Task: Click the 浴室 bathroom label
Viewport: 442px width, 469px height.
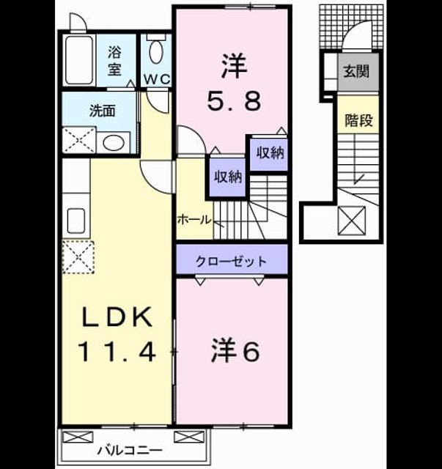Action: click(114, 61)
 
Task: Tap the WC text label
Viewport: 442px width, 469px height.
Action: click(157, 79)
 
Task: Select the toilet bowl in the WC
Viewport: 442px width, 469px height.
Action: click(156, 51)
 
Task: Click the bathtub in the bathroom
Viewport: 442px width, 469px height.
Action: click(79, 60)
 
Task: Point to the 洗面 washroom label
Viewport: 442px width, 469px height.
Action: click(103, 111)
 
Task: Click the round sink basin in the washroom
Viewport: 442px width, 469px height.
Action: click(114, 143)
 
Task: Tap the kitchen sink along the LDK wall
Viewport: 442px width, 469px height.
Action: click(76, 221)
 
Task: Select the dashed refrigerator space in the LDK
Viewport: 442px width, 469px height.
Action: click(78, 257)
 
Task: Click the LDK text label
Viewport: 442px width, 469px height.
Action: click(117, 317)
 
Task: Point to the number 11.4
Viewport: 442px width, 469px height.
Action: click(117, 352)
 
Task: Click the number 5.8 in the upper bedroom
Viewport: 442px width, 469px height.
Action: click(234, 101)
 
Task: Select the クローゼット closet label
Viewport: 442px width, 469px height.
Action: click(231, 262)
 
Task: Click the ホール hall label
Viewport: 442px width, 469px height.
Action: click(194, 220)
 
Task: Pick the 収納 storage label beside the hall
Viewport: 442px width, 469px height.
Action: click(228, 177)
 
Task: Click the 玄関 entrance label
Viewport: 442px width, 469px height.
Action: click(356, 72)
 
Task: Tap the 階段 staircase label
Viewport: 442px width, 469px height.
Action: click(358, 120)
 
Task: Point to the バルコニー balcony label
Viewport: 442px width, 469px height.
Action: click(130, 450)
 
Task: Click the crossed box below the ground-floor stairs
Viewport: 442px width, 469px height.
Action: click(351, 221)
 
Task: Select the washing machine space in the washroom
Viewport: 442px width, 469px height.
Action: click(78, 140)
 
